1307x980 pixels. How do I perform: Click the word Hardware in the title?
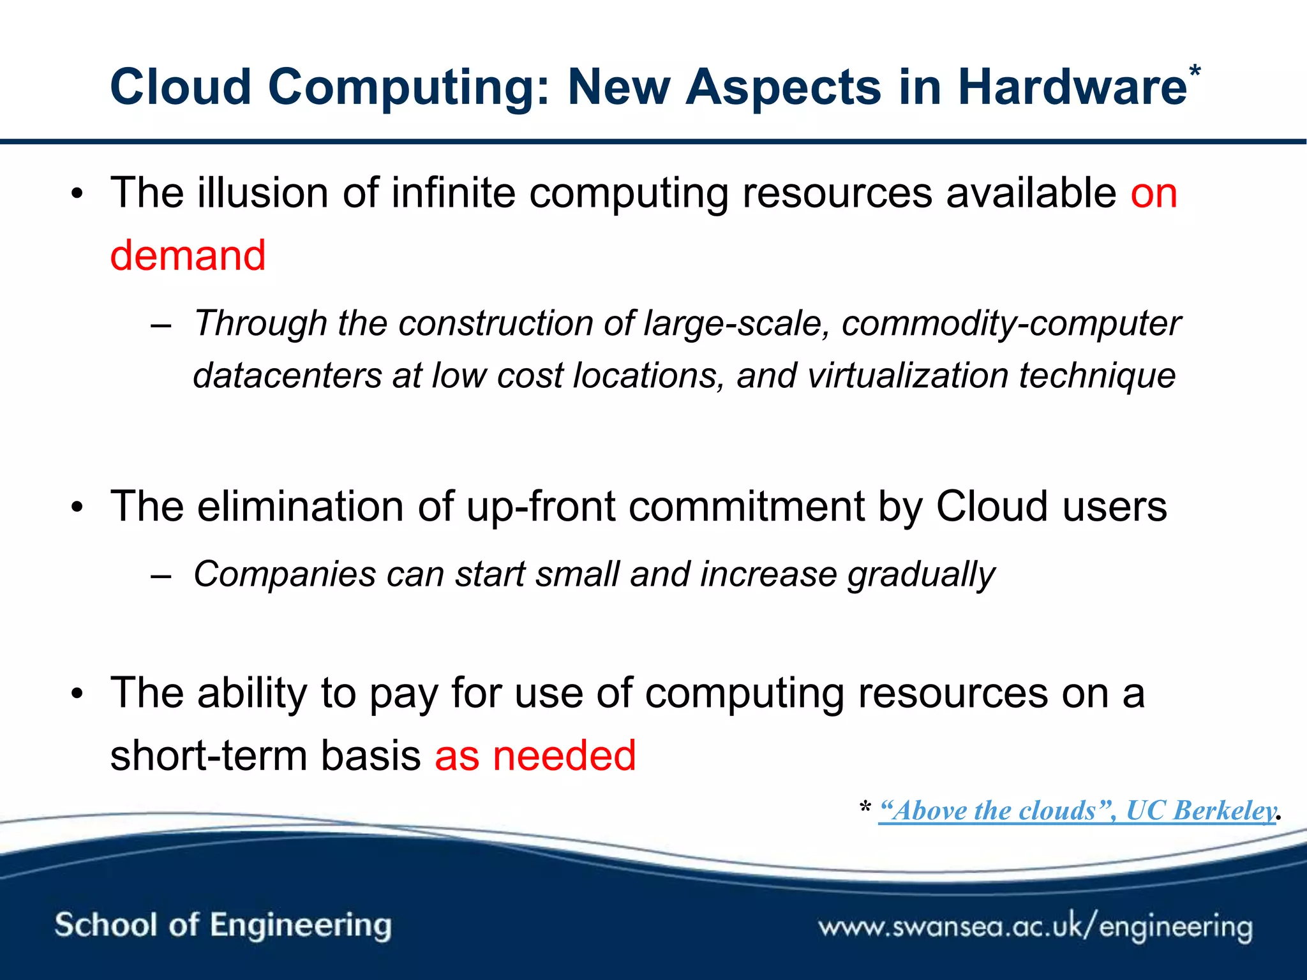click(x=1072, y=87)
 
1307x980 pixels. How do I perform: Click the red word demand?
click(x=188, y=255)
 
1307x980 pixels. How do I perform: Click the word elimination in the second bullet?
click(x=301, y=507)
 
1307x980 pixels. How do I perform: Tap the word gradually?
click(x=921, y=574)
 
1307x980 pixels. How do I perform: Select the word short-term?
click(x=208, y=755)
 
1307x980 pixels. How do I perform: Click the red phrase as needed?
click(x=535, y=755)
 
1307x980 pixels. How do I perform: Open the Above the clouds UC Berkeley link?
click(x=1077, y=811)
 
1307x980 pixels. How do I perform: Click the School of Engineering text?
click(x=223, y=925)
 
